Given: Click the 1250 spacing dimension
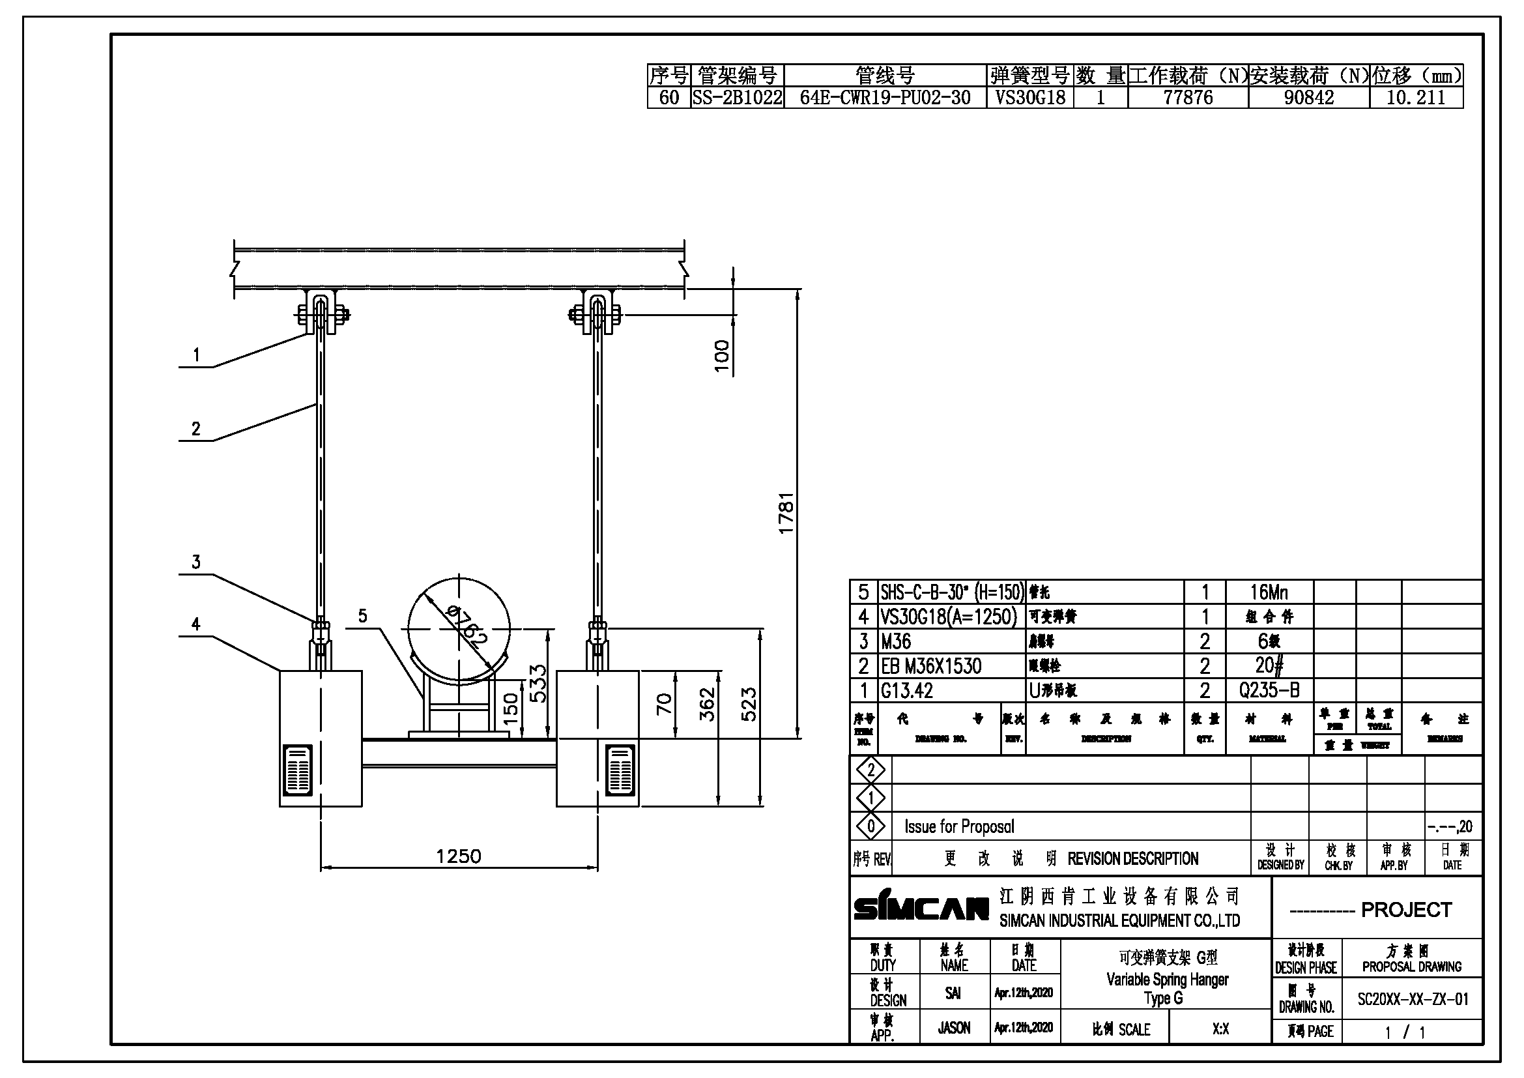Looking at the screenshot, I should coord(458,856).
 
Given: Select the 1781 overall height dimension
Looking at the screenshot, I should coord(786,513).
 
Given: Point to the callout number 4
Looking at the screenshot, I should coord(196,624).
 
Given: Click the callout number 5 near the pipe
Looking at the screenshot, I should coord(362,616).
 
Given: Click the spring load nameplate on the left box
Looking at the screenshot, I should coord(297,770).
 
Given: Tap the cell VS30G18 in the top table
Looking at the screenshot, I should coord(1030,98).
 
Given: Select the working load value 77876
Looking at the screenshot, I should coord(1188,98).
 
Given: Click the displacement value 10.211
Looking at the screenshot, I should coord(1415,98).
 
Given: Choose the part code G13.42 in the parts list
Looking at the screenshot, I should coord(907,691).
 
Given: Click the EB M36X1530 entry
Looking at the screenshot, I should coord(930,666).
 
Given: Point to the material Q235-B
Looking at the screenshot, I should coord(1269,690).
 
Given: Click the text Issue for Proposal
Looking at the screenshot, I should coord(959,826).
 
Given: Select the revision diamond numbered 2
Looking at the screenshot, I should coord(871,770).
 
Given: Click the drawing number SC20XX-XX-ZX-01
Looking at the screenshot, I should coord(1413,999).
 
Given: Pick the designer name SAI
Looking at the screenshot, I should coord(953,993).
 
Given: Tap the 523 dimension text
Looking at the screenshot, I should coord(748,705).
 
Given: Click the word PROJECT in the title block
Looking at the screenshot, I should coord(1406,909).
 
